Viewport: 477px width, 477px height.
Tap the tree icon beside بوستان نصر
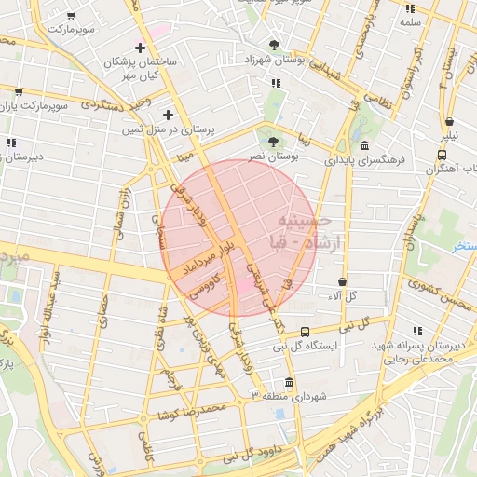[272, 143]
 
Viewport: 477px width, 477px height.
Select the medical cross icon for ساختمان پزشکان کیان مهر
[141, 48]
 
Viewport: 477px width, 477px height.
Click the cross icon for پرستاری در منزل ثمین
[168, 116]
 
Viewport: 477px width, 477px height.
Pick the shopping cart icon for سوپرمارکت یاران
[19, 92]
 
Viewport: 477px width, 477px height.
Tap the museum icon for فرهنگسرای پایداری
[363, 146]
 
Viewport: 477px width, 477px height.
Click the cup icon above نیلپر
[450, 121]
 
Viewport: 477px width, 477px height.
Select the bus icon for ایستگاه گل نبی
[306, 332]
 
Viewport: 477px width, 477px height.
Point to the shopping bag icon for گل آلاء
[343, 280]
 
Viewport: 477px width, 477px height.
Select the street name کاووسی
[205, 285]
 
